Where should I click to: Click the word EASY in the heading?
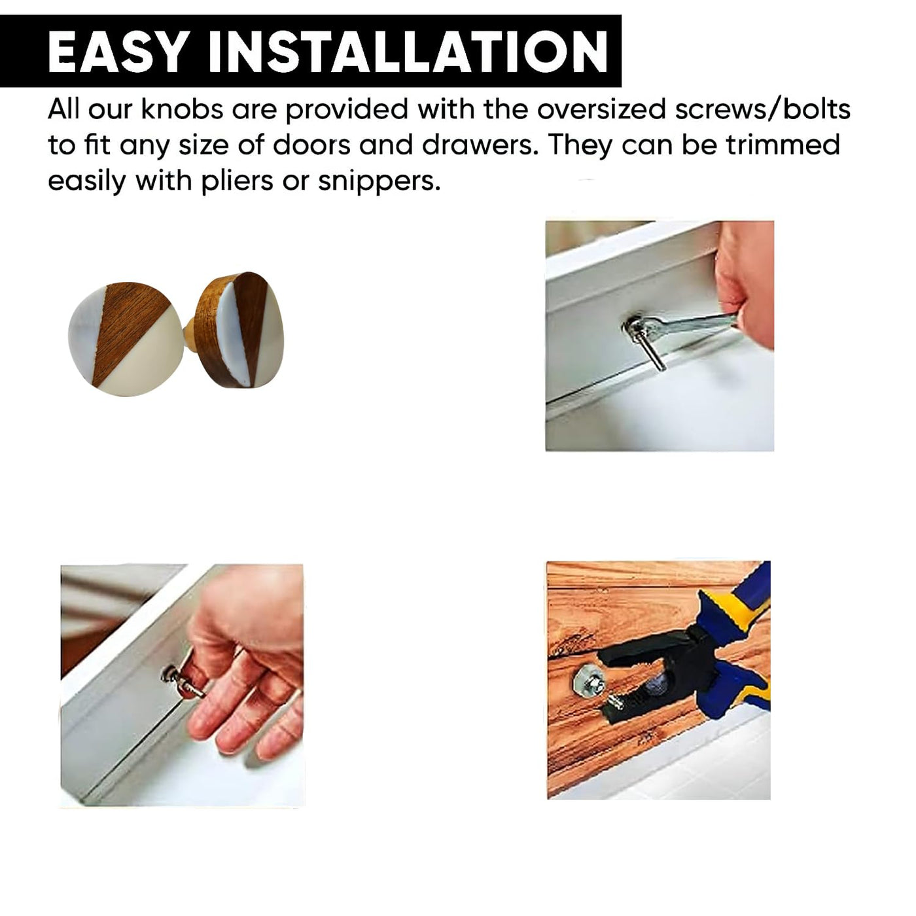[116, 52]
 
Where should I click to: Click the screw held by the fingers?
[183, 681]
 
